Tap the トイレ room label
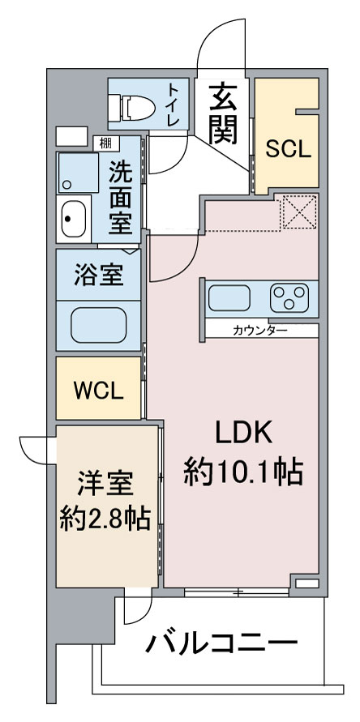(174, 104)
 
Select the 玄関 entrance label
(223, 113)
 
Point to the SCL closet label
(287, 149)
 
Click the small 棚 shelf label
(105, 143)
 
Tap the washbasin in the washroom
(73, 219)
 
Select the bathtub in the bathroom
(99, 325)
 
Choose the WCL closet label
(99, 391)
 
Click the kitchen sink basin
(229, 297)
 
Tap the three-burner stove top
(289, 297)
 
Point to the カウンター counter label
(260, 330)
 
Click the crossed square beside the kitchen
(300, 211)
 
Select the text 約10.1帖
(243, 472)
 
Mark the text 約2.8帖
(105, 519)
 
